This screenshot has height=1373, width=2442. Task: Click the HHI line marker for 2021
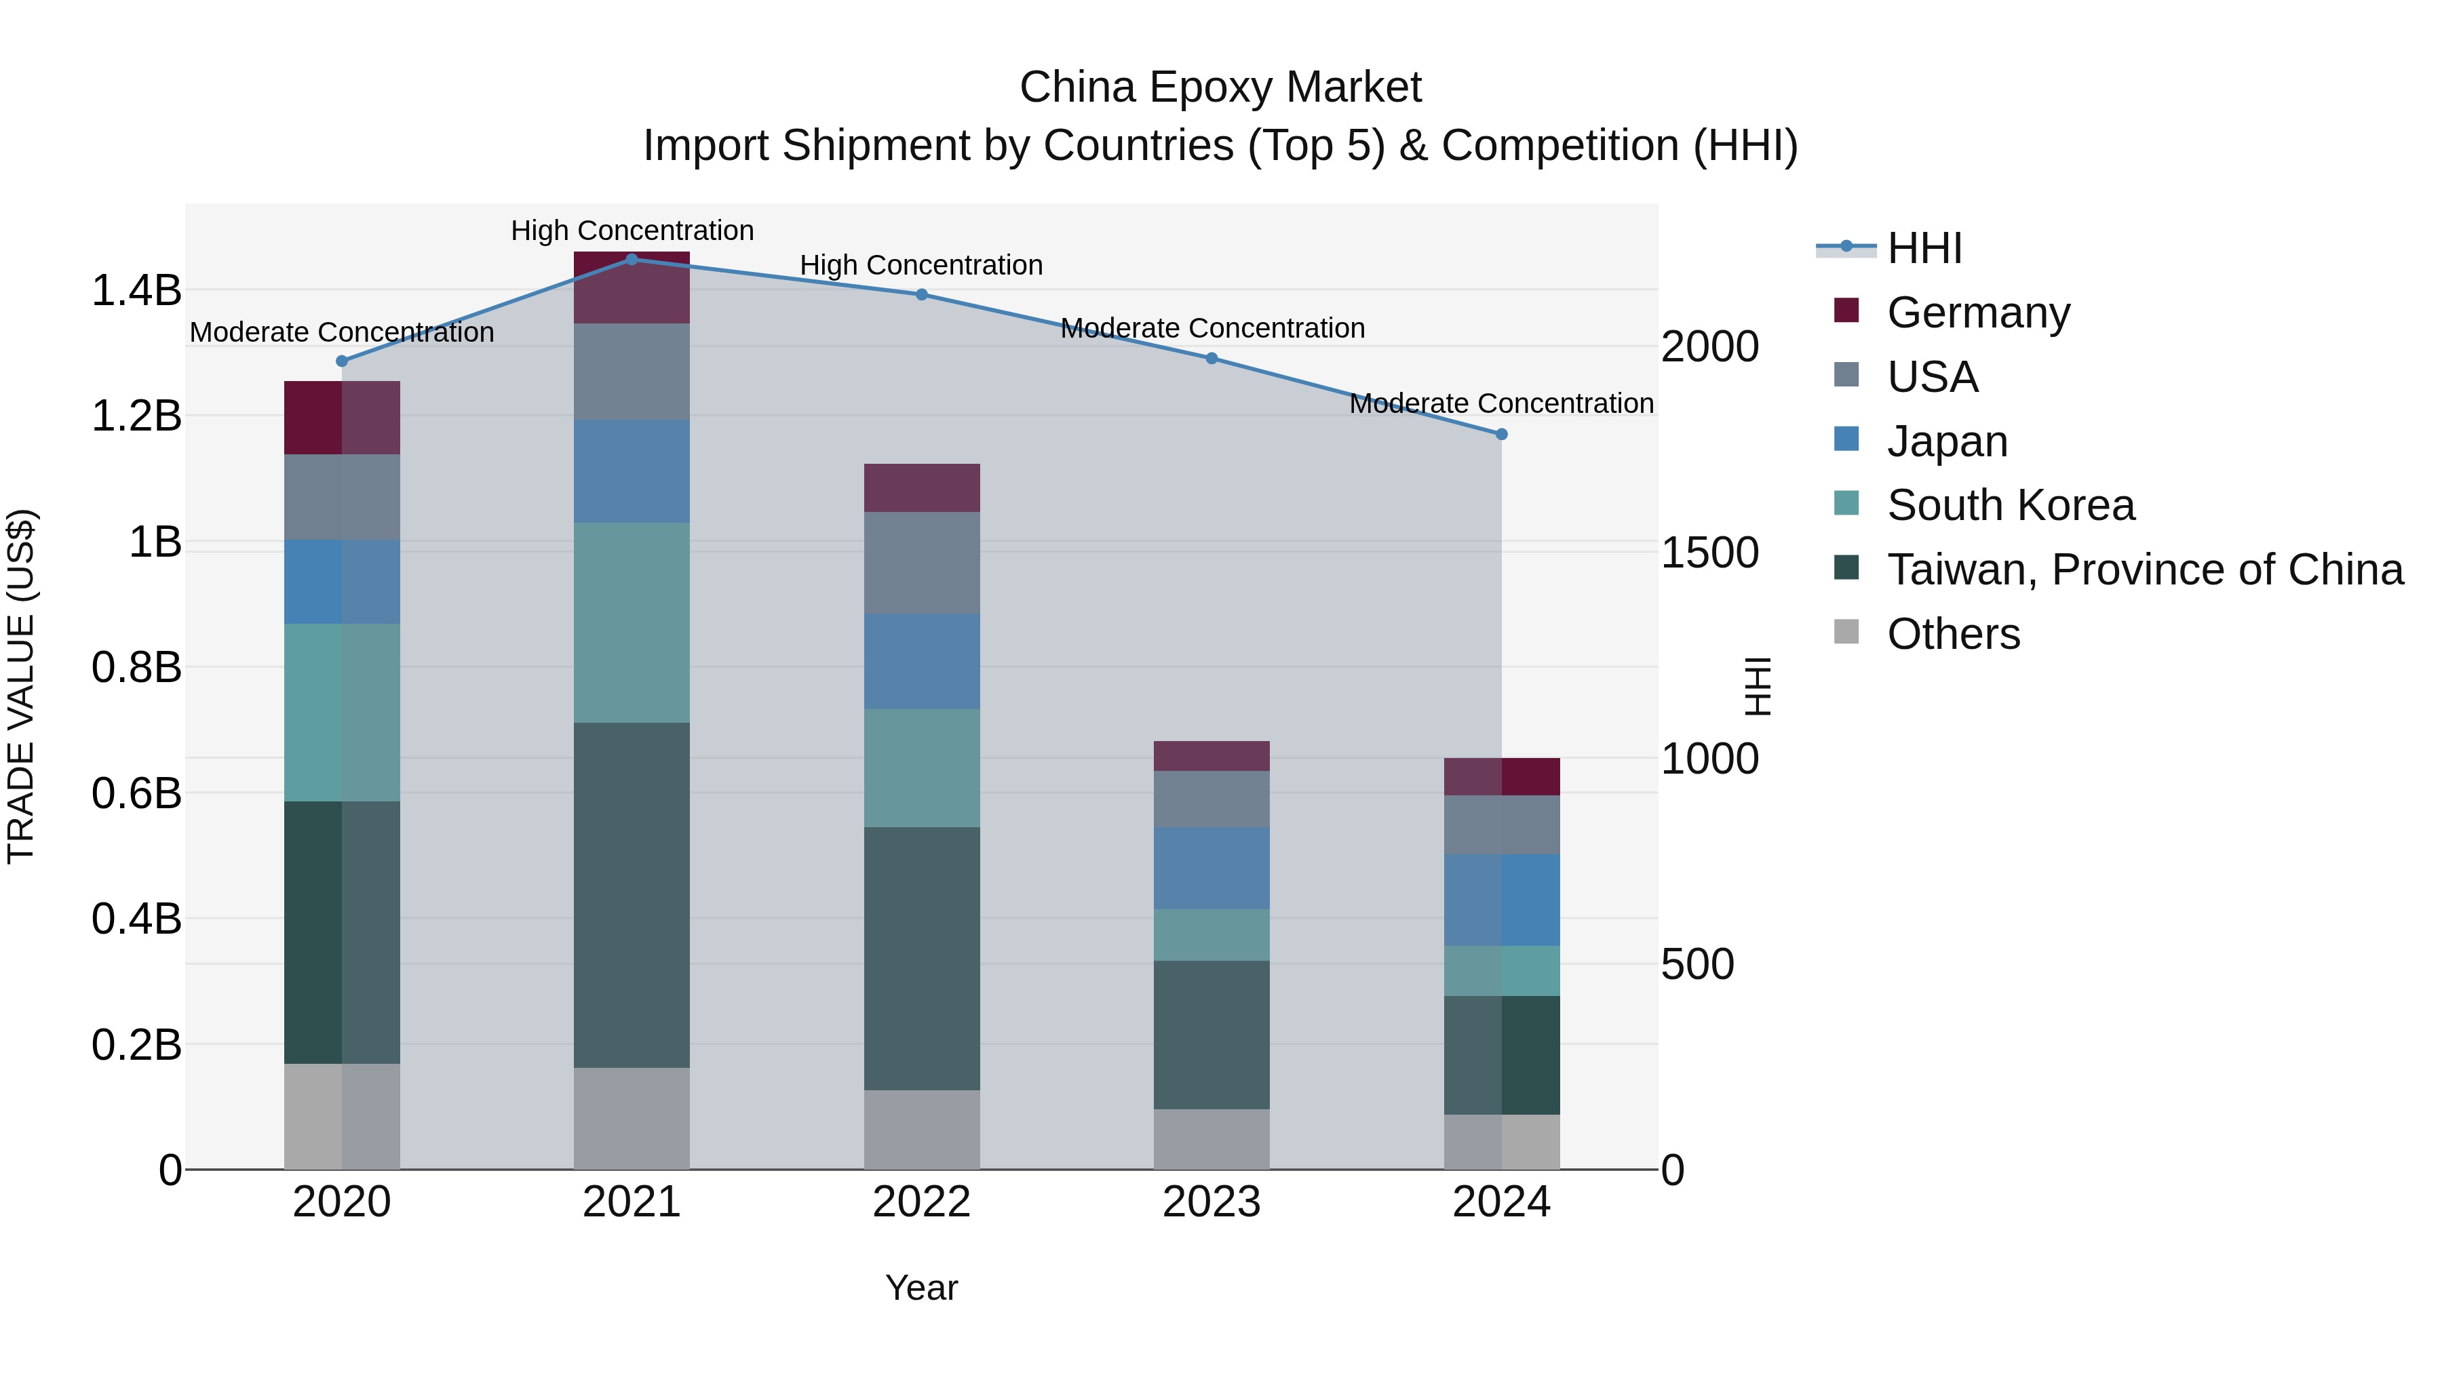pos(632,260)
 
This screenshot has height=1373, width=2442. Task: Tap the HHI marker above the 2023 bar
pos(1211,358)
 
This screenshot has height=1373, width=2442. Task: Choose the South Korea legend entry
pos(2010,505)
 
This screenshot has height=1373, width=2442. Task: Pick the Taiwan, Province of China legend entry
pos(2144,570)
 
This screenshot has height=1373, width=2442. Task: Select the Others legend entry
pos(1953,634)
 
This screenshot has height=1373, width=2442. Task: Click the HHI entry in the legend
pos(1924,248)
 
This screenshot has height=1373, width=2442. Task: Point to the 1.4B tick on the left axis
pos(136,290)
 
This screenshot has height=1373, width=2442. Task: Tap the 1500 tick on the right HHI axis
pos(1709,553)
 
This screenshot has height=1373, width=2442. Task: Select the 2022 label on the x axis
pos(920,1202)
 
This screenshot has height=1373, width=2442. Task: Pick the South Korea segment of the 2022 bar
pos(920,768)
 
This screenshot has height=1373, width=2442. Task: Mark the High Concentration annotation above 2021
pos(632,231)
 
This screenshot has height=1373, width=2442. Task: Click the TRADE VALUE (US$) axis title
pos(21,686)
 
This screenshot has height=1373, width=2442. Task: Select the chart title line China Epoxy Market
pos(1220,87)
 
